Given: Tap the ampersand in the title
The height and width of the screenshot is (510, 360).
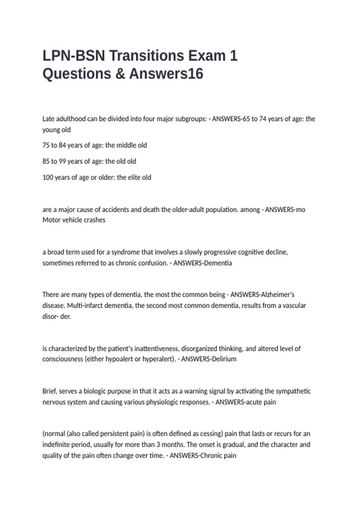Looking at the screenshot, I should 120,74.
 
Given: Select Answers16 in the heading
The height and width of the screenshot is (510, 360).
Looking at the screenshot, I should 166,74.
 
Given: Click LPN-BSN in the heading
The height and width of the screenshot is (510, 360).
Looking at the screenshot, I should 74,56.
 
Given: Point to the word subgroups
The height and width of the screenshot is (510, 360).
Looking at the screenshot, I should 191,119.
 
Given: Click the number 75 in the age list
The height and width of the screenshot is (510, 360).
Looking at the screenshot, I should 46,145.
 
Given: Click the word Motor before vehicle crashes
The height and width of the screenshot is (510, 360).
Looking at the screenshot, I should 52,220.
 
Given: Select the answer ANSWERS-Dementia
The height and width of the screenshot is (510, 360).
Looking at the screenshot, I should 203,263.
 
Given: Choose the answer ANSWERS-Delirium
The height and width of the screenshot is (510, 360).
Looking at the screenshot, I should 209,359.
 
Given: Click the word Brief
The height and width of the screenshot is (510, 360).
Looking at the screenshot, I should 49,391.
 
